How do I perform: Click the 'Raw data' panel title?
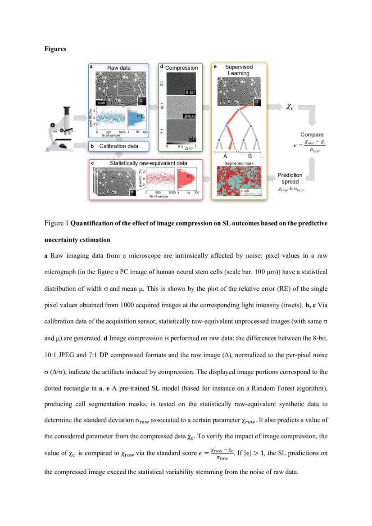[x=119, y=68]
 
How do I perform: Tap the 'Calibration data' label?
[x=118, y=146]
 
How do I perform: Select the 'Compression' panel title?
[x=181, y=68]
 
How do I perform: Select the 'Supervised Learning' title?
[x=239, y=70]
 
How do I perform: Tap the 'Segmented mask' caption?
[x=239, y=164]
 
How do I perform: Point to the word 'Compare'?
[x=312, y=135]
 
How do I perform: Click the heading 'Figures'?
[x=55, y=49]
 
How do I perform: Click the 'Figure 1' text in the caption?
[x=56, y=223]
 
